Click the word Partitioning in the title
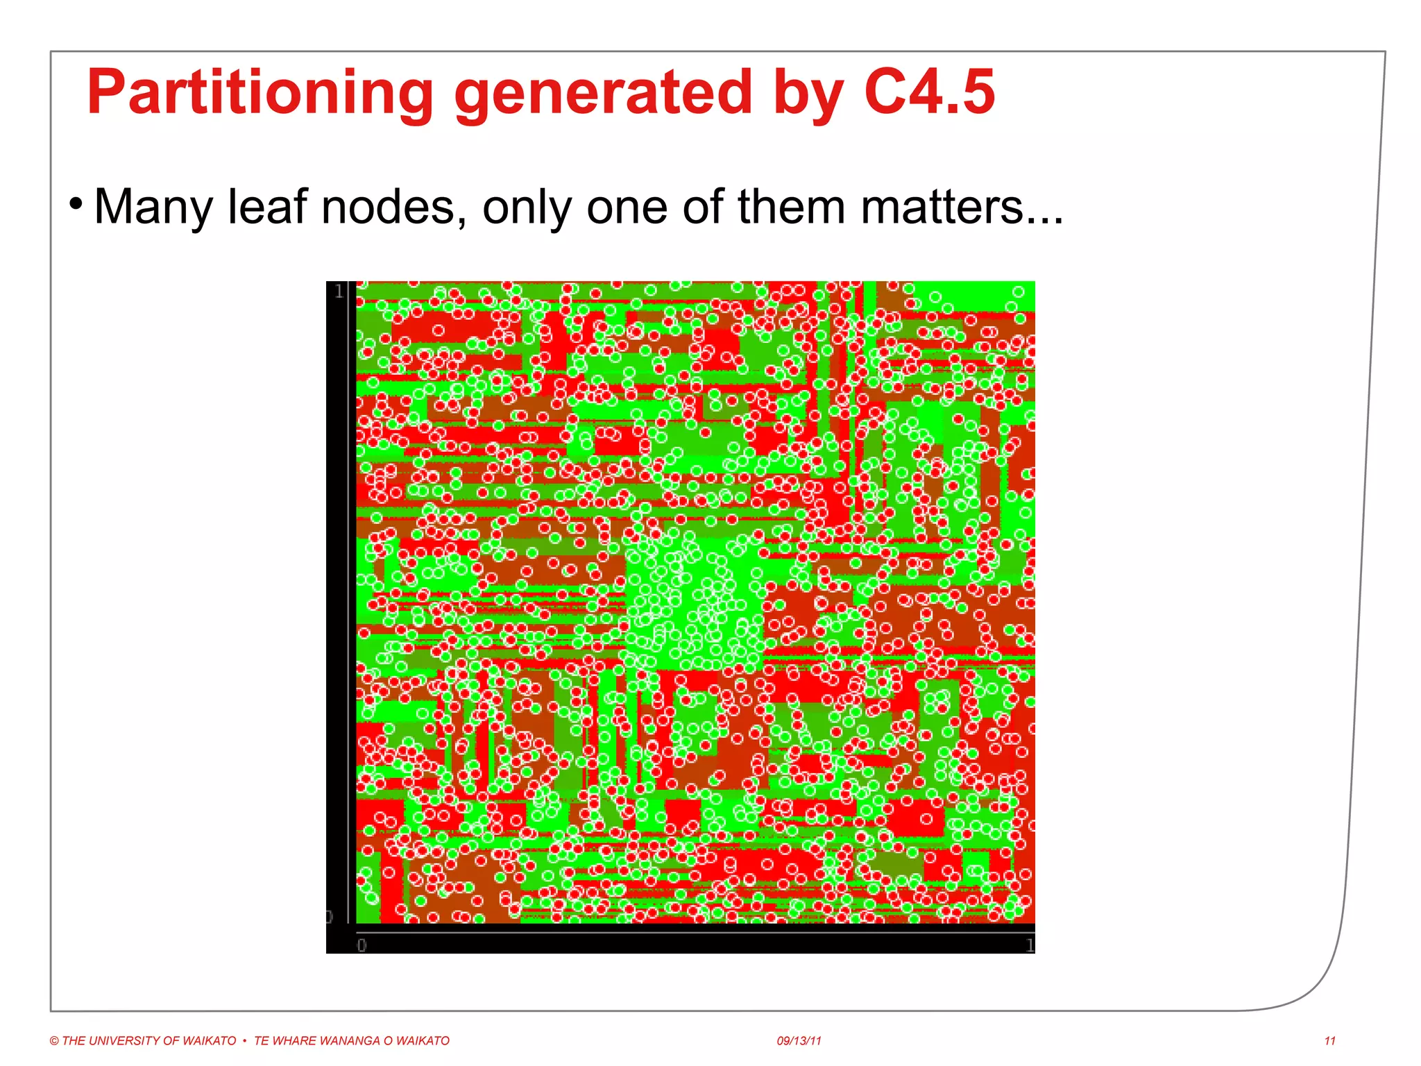pyautogui.click(x=260, y=93)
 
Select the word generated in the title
pyautogui.click(x=602, y=93)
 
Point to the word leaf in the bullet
pyautogui.click(x=267, y=206)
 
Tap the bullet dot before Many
pyautogui.click(x=76, y=204)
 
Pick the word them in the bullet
pyautogui.click(x=790, y=206)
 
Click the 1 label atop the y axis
pyautogui.click(x=339, y=291)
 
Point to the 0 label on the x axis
pyautogui.click(x=361, y=945)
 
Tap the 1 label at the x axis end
pyautogui.click(x=1030, y=945)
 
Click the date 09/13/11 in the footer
pyautogui.click(x=799, y=1041)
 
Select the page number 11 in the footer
pyautogui.click(x=1329, y=1041)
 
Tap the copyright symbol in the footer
pyautogui.click(x=54, y=1041)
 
